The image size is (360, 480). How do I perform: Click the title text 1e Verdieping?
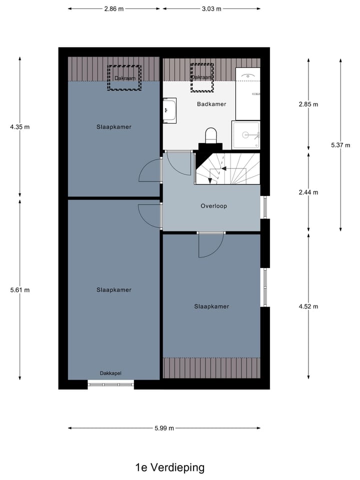tap(169, 468)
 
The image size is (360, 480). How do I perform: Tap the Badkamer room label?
tap(211, 104)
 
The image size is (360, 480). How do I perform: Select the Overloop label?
tap(214, 205)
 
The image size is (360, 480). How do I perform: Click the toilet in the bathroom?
tap(211, 135)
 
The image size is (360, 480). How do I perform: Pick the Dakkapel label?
tap(110, 372)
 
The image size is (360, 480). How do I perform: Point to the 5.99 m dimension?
tap(164, 428)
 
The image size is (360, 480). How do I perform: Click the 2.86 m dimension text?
tap(114, 8)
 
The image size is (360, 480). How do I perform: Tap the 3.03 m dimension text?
tap(211, 8)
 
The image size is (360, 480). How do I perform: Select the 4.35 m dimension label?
tap(20, 127)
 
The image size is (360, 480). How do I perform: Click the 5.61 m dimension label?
tap(20, 289)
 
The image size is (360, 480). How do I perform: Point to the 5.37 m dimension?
tap(340, 145)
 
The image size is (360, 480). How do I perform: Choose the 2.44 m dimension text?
tap(308, 192)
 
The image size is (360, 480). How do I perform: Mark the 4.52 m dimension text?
tap(308, 306)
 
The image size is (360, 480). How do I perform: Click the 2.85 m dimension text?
tap(308, 104)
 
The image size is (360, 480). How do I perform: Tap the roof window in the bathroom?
tap(202, 77)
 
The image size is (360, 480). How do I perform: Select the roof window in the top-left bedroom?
tap(125, 78)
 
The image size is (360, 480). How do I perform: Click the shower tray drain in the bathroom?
tap(245, 134)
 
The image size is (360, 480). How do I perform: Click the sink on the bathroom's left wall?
tap(169, 111)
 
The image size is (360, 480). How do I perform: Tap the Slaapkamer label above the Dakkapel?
tap(114, 290)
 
